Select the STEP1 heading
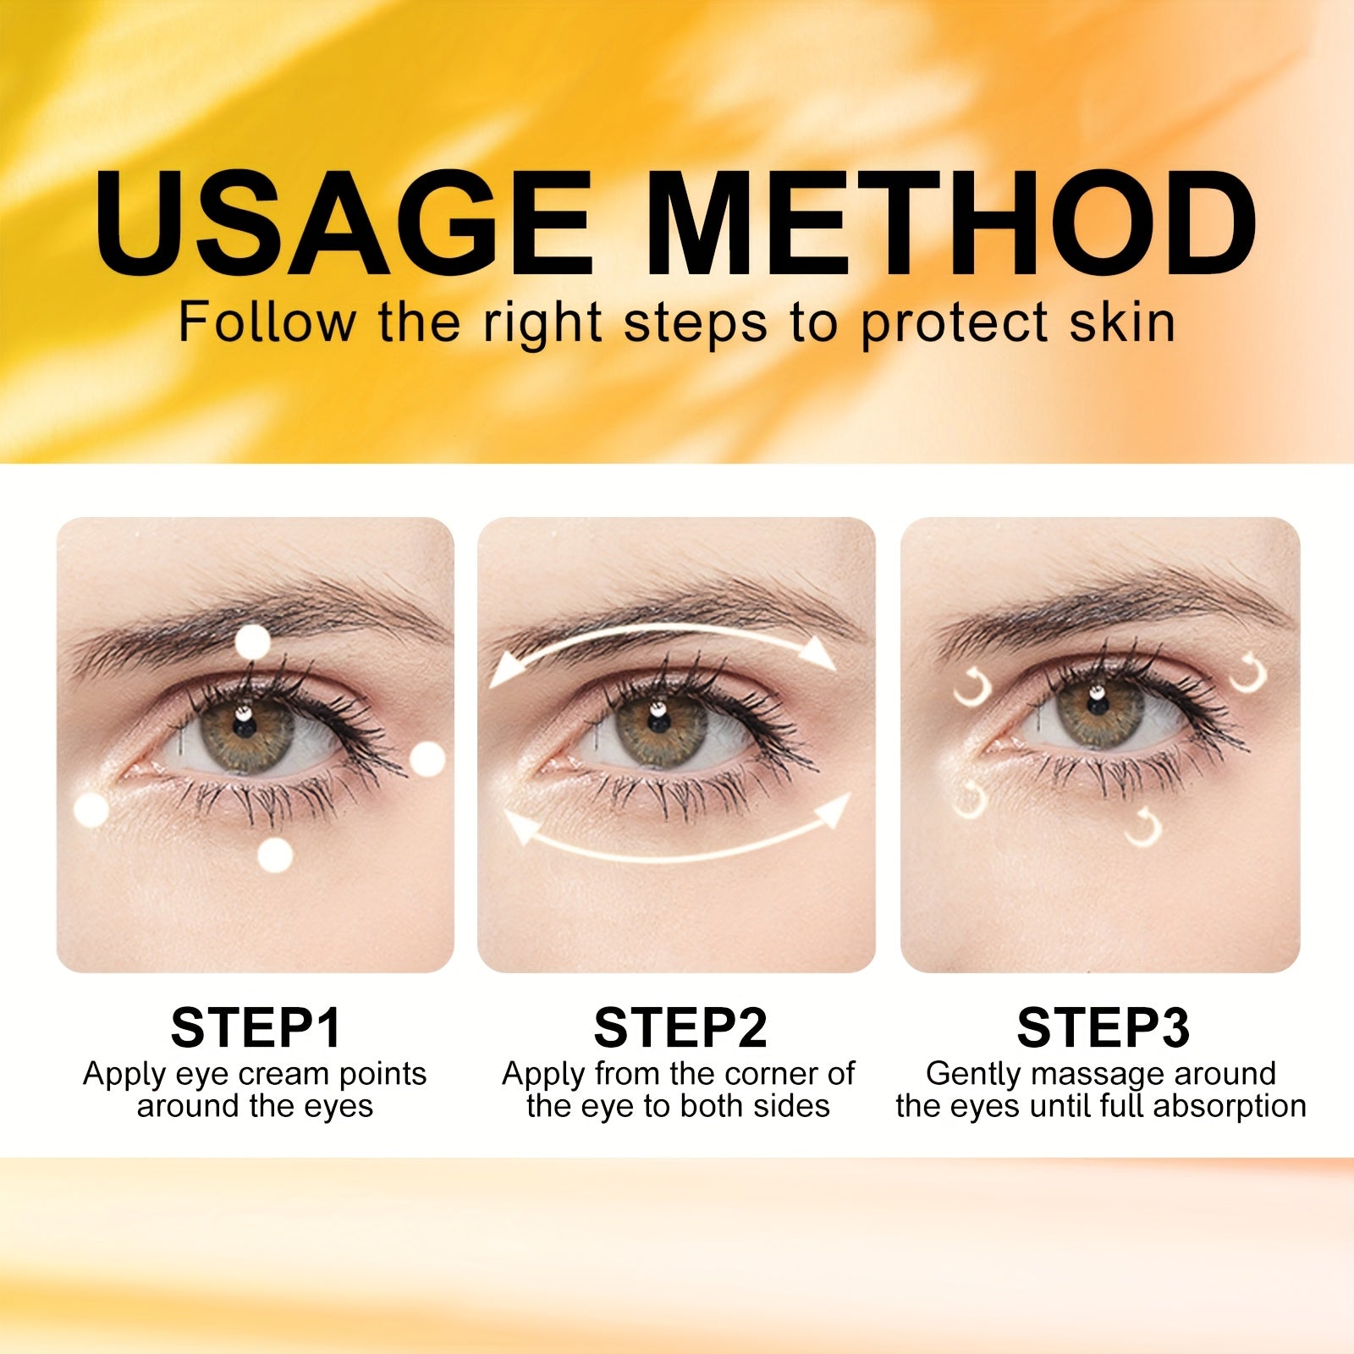pos(256,1027)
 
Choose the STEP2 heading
pos(680,1027)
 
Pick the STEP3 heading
pos(1104,1027)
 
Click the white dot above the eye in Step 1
pos(251,642)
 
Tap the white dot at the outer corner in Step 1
pos(427,759)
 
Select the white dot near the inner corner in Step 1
pos(91,810)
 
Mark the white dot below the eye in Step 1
pos(274,855)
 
